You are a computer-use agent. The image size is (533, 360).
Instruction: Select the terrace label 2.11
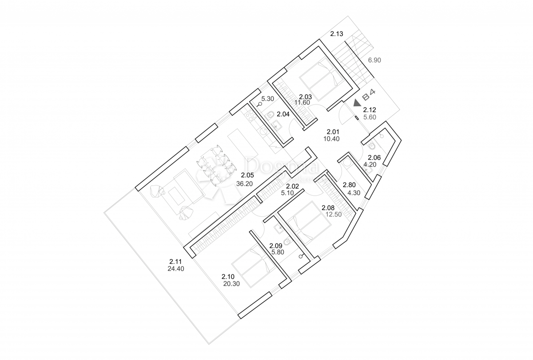coord(175,261)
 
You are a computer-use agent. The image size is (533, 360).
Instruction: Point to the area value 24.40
coord(176,268)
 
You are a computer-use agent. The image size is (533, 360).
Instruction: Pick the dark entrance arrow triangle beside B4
coord(356,103)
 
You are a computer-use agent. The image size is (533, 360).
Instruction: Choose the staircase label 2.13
coord(336,34)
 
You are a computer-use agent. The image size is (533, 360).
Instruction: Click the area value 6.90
coord(374,60)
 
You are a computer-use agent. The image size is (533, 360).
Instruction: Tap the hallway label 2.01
coord(333,132)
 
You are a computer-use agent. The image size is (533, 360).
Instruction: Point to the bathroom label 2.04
coord(283,114)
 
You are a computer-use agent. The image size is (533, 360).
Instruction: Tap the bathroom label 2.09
coord(276,245)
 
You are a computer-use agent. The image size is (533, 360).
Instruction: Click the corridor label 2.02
coord(293,186)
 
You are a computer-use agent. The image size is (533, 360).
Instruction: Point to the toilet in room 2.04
coord(270,116)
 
